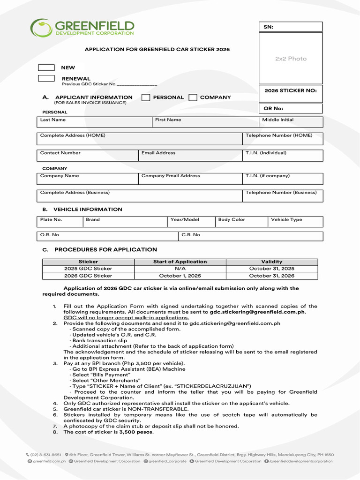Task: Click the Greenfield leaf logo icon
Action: tap(41, 28)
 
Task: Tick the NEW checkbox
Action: tap(46, 68)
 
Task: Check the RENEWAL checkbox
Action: tap(46, 79)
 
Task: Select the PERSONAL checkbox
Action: tap(146, 97)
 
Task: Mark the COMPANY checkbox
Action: tap(193, 97)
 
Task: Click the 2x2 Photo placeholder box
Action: tap(291, 59)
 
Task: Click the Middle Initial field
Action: tap(291, 122)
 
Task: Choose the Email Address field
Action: tap(190, 156)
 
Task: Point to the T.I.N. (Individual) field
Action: tap(283, 156)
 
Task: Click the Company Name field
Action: tap(87, 179)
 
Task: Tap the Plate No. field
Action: tap(60, 222)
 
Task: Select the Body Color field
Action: tap(241, 222)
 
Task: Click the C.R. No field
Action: tap(251, 236)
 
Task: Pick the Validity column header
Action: tap(272, 262)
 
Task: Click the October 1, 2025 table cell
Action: tap(180, 276)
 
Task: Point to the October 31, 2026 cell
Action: tap(272, 276)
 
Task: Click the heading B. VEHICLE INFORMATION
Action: tap(82, 210)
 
